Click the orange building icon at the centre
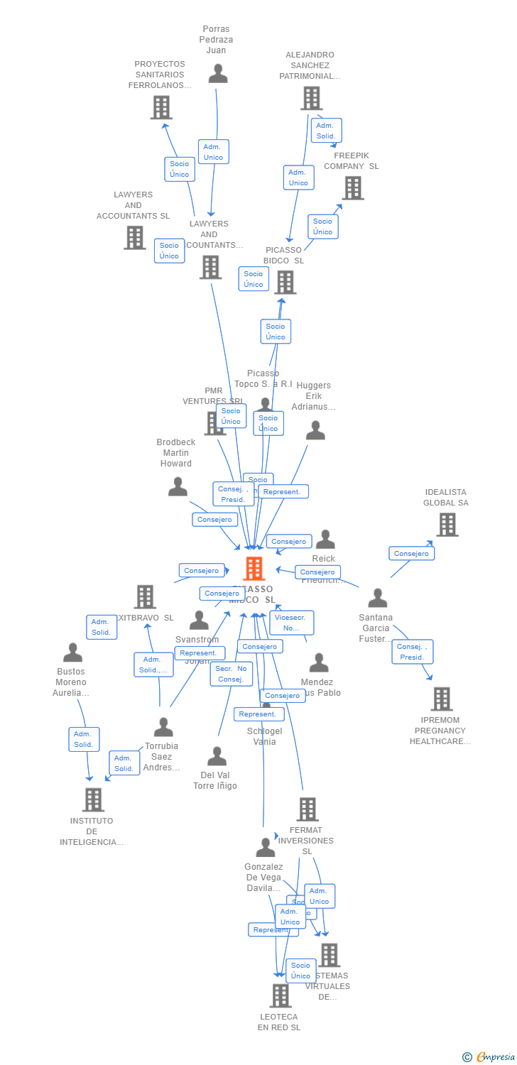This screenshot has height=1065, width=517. [254, 569]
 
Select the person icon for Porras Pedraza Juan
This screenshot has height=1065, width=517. [218, 74]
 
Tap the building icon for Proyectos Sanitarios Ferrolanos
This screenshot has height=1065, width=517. [161, 107]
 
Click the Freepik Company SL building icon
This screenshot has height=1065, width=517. [353, 187]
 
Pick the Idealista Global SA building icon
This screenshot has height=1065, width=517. [447, 525]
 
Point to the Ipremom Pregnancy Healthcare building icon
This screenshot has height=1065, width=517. [441, 699]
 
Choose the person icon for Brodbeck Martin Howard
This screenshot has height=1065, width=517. [178, 487]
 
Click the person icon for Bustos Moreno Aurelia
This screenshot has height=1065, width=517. [72, 652]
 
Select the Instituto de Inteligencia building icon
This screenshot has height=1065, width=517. [92, 799]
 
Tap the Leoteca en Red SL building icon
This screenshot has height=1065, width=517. [281, 995]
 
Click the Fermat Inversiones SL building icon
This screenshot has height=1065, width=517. [307, 809]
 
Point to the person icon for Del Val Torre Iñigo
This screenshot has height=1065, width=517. [217, 756]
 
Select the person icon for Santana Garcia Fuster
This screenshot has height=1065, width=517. [377, 599]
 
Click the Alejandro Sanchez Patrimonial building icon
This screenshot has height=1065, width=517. [310, 98]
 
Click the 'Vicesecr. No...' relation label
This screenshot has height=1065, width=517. [291, 623]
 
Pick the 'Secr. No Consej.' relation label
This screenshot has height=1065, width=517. [231, 674]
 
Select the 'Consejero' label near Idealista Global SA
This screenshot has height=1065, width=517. [411, 553]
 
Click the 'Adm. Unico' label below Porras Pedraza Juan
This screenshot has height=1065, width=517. [213, 152]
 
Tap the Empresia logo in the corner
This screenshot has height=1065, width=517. [490, 1056]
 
